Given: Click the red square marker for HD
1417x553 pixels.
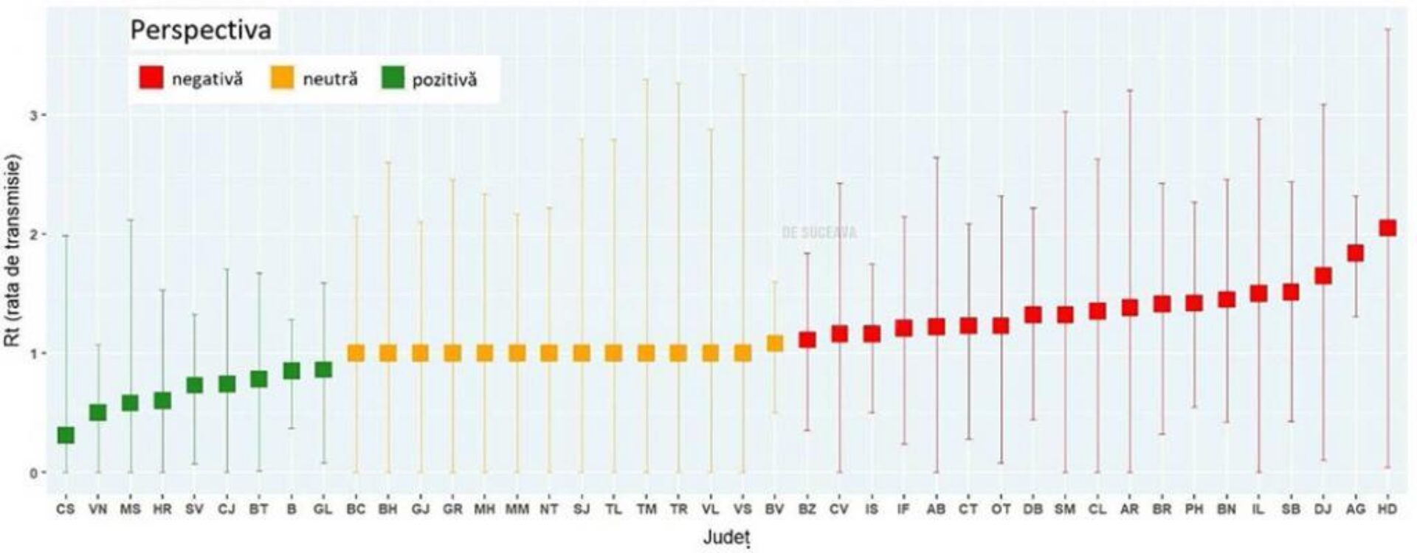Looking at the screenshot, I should point(1387,228).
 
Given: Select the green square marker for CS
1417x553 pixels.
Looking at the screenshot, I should point(66,435).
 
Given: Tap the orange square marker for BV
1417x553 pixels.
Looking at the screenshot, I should point(774,344).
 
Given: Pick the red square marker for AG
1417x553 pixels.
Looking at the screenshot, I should point(1355,253).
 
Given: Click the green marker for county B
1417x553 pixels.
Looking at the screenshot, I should point(292,370).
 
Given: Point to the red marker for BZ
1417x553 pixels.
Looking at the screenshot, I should point(807,339).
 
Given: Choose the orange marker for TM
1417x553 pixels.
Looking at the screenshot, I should point(646,353).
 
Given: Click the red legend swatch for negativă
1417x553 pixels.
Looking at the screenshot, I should point(151,77).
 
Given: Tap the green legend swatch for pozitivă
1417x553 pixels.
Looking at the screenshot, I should point(393,77).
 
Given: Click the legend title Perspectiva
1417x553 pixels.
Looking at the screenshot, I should point(201,30).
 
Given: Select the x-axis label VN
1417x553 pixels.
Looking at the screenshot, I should point(97,509).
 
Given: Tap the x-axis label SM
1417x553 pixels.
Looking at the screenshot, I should point(1065,509).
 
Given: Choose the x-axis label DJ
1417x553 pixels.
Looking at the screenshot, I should point(1323,509).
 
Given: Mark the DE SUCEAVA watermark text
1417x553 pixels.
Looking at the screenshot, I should point(819,233).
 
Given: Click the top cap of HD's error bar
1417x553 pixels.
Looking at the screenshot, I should point(1387,29).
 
